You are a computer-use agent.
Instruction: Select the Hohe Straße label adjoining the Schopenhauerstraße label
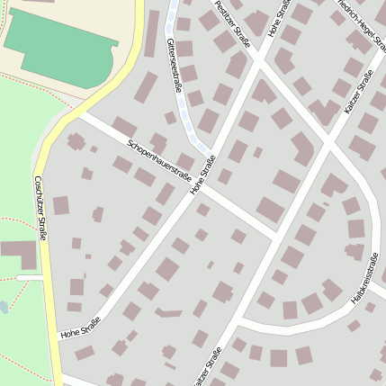tap(202, 175)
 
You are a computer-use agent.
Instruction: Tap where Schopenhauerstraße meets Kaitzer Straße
tap(275, 238)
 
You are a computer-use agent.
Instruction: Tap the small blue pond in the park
tap(3, 308)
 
